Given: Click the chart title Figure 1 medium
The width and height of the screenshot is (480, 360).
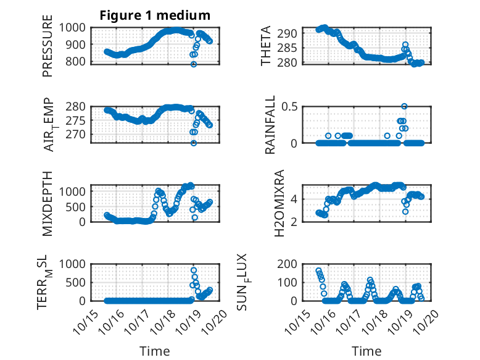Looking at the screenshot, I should [155, 15].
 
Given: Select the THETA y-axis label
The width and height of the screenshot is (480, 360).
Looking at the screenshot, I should [267, 45].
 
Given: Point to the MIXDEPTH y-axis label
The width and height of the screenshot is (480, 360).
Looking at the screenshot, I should [48, 203].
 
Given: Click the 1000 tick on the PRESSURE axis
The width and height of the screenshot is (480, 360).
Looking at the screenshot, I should [75, 27].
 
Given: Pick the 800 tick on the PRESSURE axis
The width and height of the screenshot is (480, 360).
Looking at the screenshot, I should [78, 62].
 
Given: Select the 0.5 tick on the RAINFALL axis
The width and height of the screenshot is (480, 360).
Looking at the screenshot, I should [291, 106].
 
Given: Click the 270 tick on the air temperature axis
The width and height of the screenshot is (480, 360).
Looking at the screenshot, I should [78, 134].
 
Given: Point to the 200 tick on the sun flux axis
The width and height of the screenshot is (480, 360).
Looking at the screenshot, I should [289, 264].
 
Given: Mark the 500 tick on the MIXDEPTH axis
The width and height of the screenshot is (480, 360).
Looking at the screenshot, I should [78, 206].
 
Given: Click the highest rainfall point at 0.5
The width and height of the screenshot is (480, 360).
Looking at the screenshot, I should [404, 106].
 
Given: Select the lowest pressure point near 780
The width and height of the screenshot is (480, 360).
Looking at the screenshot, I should [194, 64].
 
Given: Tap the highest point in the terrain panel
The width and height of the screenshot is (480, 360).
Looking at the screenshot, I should [194, 270].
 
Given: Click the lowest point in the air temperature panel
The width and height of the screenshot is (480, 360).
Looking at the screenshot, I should [194, 143].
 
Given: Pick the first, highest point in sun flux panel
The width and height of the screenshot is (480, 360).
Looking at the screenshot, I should [318, 271].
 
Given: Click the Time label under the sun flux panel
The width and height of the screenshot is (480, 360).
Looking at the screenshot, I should [366, 351].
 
